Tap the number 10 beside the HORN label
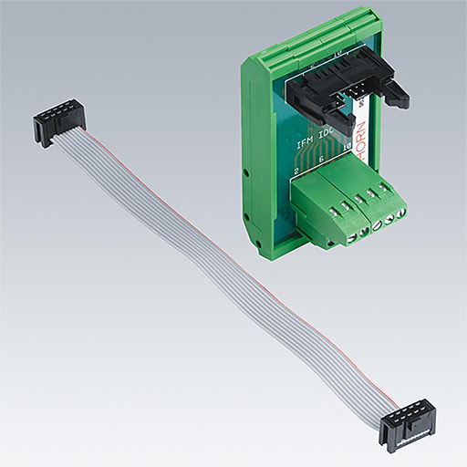pyautogui.click(x=348, y=156)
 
